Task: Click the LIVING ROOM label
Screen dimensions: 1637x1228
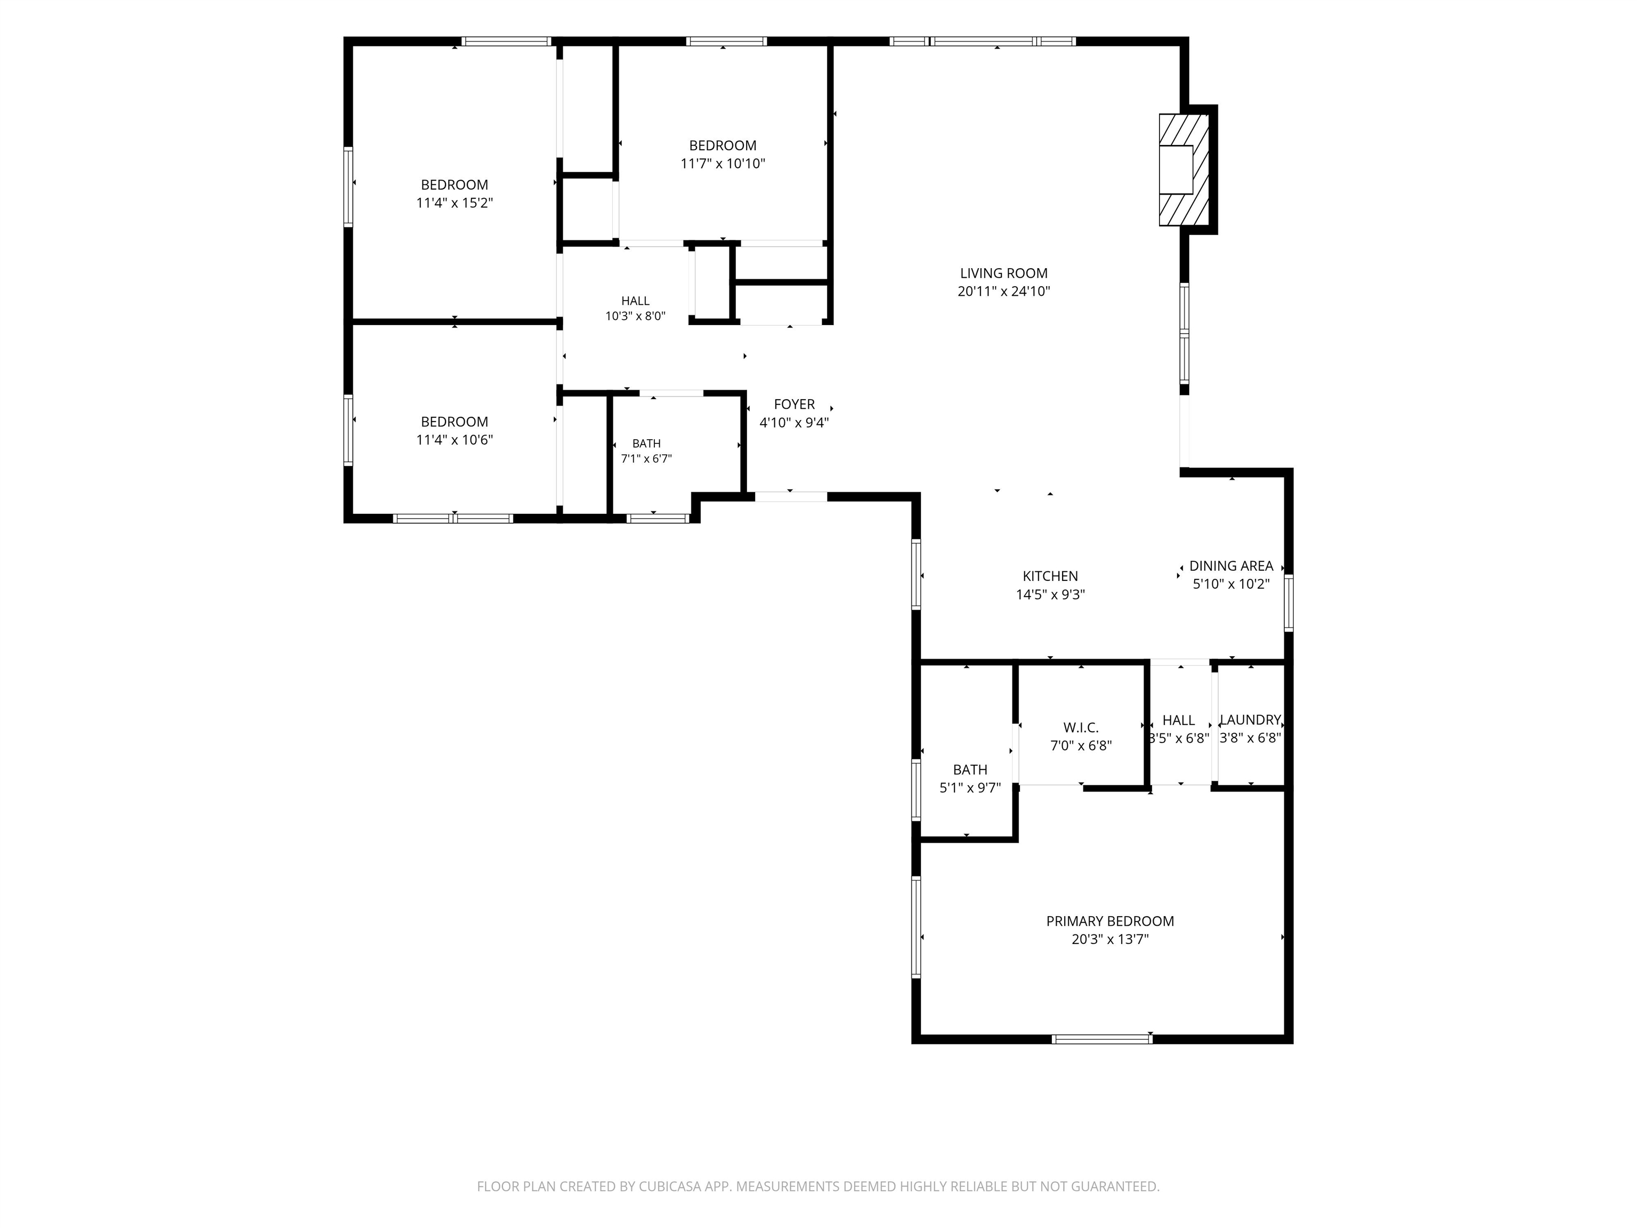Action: click(x=1003, y=273)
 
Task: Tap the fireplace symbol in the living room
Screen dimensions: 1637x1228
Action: click(x=1184, y=169)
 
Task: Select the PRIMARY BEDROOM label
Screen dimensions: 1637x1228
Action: click(x=1109, y=921)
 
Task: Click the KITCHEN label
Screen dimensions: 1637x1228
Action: click(x=1050, y=576)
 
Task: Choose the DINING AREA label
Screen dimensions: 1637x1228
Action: click(x=1231, y=565)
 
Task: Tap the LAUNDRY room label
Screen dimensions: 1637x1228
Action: click(x=1250, y=720)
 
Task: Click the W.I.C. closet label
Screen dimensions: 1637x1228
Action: click(x=1081, y=728)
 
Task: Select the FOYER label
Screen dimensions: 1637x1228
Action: click(x=794, y=404)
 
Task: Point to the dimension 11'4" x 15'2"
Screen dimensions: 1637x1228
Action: click(x=455, y=203)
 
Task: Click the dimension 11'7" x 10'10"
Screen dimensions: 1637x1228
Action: click(x=722, y=164)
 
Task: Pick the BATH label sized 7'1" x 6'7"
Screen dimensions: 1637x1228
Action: click(x=646, y=443)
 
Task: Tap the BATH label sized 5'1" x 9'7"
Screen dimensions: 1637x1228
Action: click(x=969, y=770)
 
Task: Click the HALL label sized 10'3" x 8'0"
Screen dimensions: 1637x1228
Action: click(x=635, y=301)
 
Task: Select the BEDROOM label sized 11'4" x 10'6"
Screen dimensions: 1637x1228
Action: click(x=455, y=422)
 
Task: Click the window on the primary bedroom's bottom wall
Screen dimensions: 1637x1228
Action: click(x=1102, y=1038)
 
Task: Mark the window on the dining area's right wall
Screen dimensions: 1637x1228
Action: click(x=1288, y=603)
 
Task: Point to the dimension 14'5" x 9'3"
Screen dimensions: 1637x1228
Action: click(x=1050, y=594)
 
